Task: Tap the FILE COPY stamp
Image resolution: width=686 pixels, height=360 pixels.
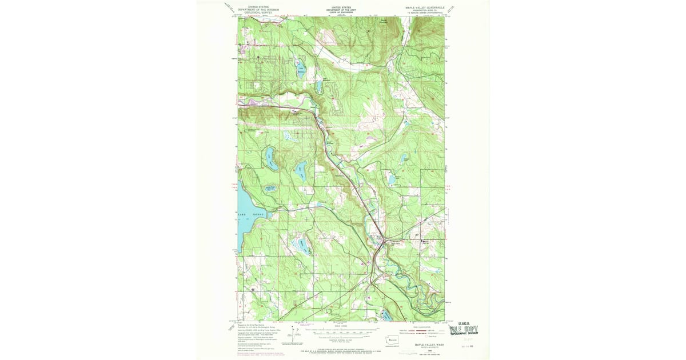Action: [x=464, y=329]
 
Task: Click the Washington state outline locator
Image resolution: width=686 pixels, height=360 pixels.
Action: [x=392, y=338]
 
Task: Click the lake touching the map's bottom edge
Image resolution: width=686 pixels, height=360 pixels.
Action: [x=385, y=315]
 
